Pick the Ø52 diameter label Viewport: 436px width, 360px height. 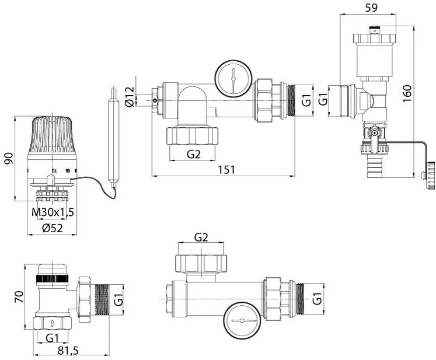point(53,228)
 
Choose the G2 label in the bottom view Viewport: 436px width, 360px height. point(201,237)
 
